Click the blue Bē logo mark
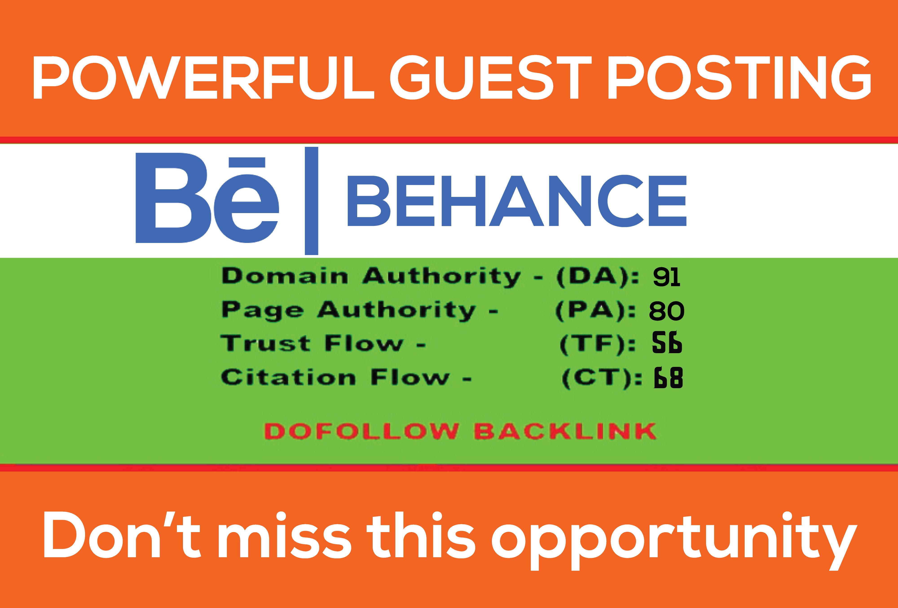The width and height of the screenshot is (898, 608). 207,201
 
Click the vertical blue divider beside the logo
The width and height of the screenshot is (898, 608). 311,201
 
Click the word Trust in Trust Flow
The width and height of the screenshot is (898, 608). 265,343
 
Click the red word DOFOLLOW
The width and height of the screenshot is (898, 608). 361,431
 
